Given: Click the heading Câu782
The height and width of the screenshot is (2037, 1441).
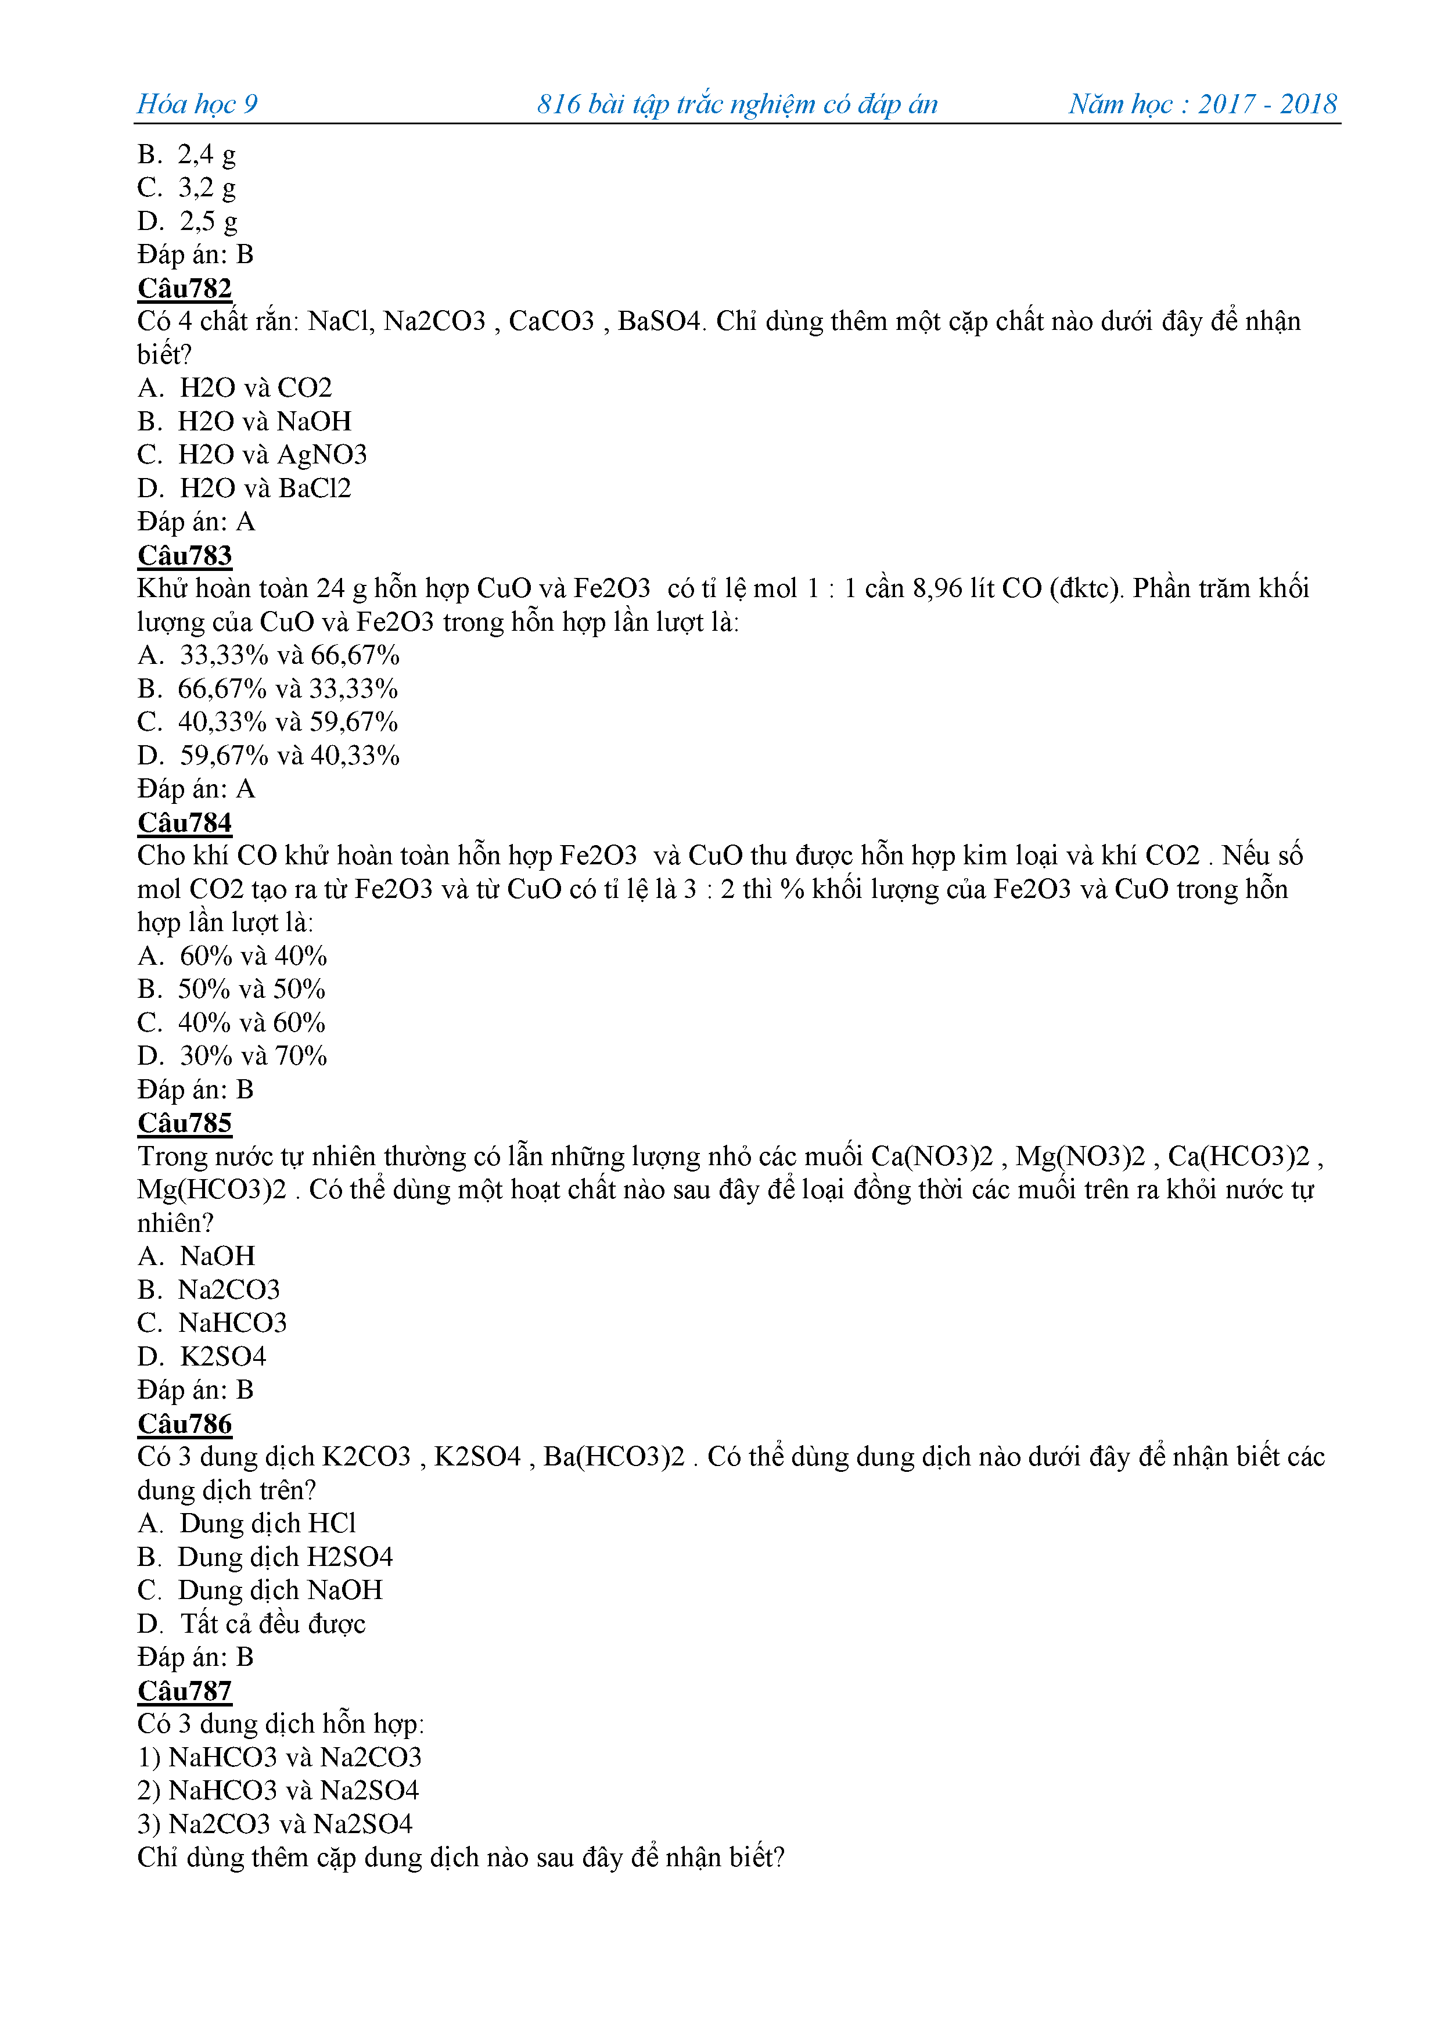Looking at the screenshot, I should point(185,288).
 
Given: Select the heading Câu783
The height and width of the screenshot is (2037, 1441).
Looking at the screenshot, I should point(185,555).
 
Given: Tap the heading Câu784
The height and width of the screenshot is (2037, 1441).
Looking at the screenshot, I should point(185,822).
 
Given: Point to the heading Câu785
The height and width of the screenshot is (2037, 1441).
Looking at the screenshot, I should point(185,1123).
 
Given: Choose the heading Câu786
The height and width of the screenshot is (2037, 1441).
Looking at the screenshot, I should point(185,1424).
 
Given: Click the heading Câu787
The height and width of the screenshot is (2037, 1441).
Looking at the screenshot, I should point(185,1691).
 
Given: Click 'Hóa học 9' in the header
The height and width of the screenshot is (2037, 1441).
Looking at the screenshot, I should point(197,104).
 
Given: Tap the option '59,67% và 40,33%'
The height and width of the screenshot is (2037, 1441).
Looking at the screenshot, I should point(289,756).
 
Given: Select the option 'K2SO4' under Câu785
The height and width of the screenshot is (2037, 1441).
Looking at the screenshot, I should point(222,1356).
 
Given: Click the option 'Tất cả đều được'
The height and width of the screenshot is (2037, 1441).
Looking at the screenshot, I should point(272,1623).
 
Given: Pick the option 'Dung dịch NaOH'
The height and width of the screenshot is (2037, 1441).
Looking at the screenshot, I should point(279,1590).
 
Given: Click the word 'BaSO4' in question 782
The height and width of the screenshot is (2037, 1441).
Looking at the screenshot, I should point(659,321).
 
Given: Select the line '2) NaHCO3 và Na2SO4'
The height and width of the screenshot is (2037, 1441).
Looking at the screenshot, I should point(278,1790).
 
